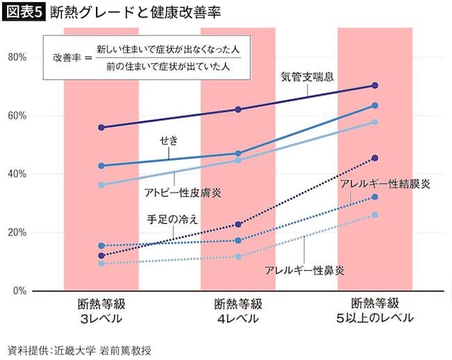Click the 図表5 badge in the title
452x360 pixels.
pyautogui.click(x=23, y=12)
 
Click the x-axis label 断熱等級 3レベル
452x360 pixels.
pyautogui.click(x=102, y=311)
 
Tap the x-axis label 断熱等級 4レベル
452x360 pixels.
pyautogui.click(x=238, y=311)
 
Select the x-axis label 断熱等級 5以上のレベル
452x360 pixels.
pyautogui.click(x=376, y=311)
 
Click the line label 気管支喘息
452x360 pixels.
pyautogui.click(x=308, y=76)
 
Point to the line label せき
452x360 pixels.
pyautogui.click(x=169, y=140)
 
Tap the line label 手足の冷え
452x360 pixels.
pyautogui.click(x=172, y=219)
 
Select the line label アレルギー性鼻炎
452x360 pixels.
pyautogui.click(x=305, y=269)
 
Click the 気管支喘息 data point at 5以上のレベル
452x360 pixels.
pyautogui.click(x=375, y=85)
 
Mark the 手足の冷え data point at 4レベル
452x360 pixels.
pyautogui.click(x=238, y=224)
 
